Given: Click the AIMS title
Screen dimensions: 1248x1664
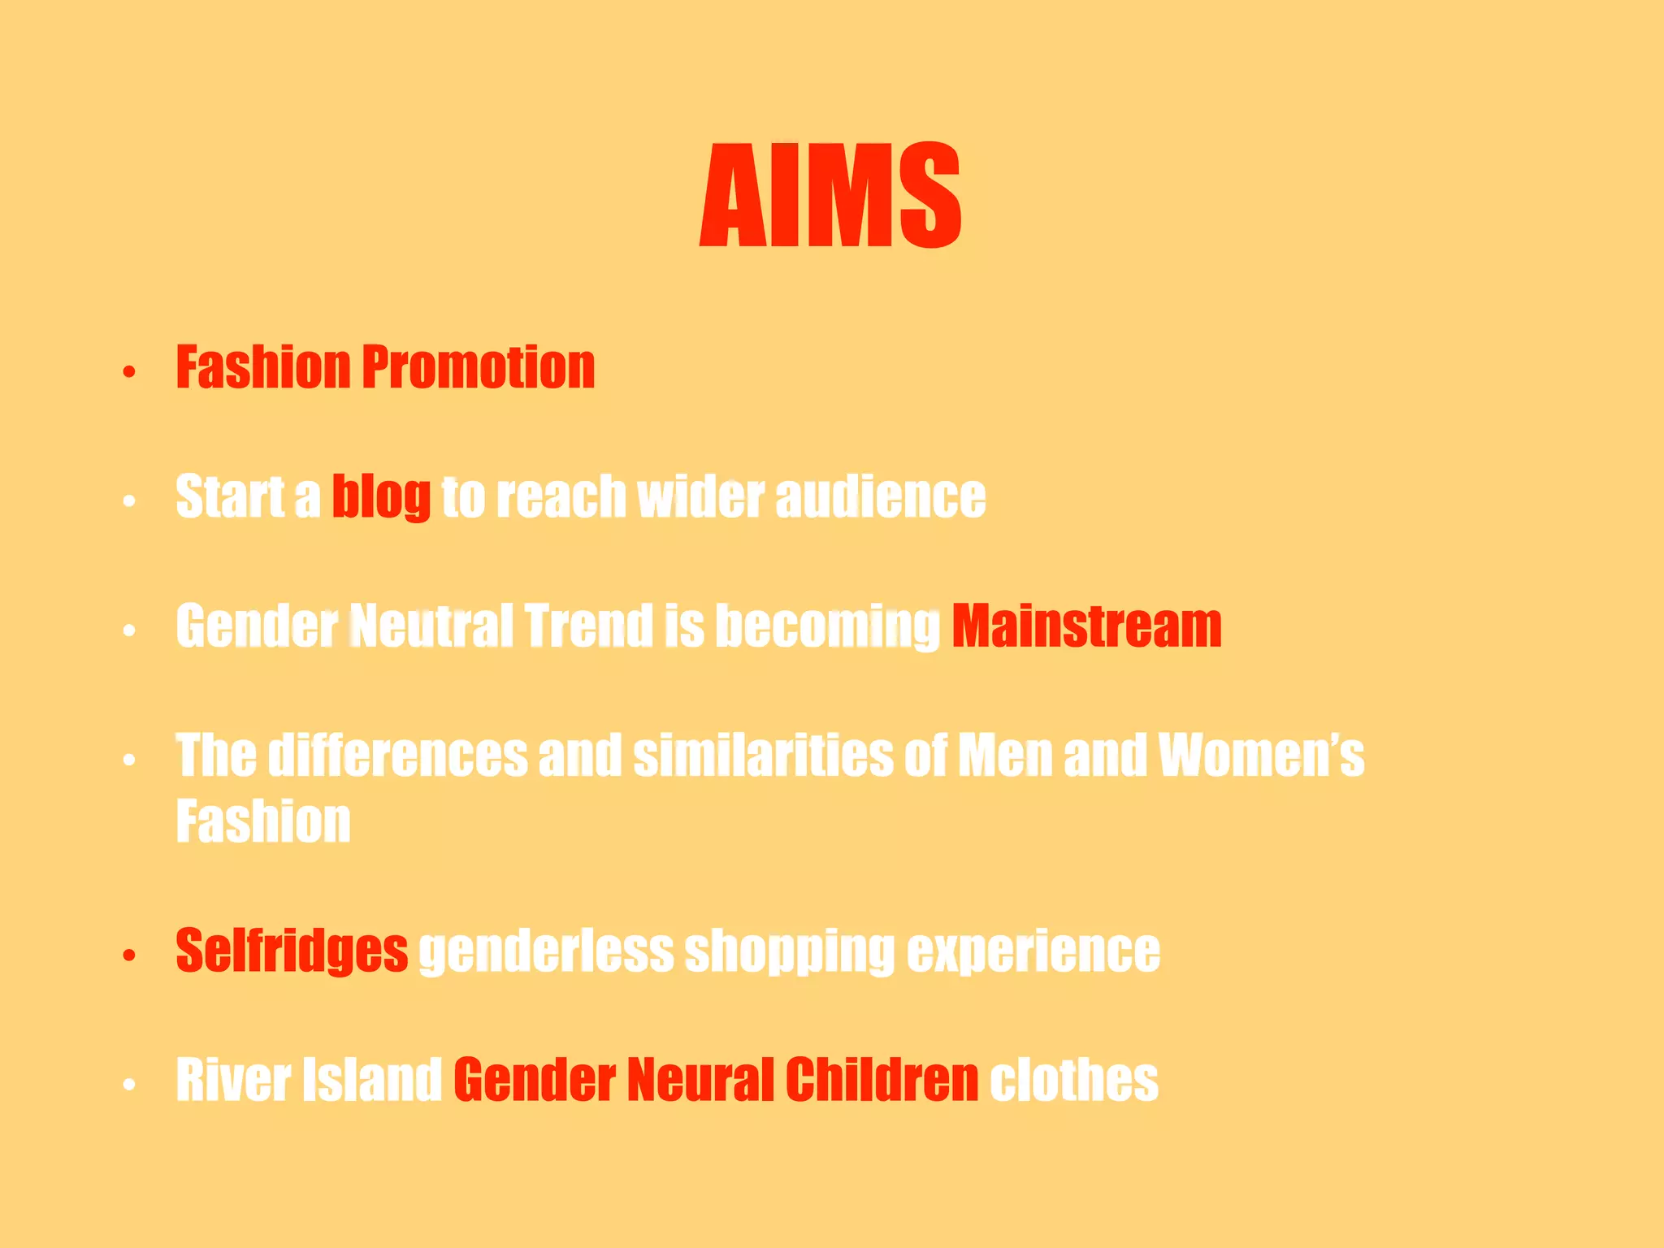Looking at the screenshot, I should pyautogui.click(x=830, y=195).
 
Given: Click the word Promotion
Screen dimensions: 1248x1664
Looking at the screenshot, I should pyautogui.click(x=479, y=367).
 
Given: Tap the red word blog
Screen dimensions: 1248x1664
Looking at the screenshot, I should pyautogui.click(x=381, y=496).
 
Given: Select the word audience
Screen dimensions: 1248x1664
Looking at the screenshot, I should pyautogui.click(x=881, y=496).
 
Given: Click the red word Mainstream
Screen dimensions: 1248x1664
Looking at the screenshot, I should pyautogui.click(x=1086, y=626).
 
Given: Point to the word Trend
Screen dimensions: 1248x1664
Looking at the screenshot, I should pyautogui.click(x=588, y=626).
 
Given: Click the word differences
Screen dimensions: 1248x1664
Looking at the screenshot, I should pyautogui.click(x=398, y=756).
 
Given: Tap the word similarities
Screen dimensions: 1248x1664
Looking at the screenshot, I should pyautogui.click(x=763, y=756).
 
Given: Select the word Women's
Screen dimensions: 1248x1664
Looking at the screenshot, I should pyautogui.click(x=1261, y=756).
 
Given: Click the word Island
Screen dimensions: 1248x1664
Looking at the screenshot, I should pyautogui.click(x=371, y=1080).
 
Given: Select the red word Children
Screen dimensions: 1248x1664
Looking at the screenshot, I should pyautogui.click(x=882, y=1080).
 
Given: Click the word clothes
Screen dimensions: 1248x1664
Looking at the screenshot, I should pyautogui.click(x=1074, y=1080).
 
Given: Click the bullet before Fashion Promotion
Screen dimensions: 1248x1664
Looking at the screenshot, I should pyautogui.click(x=128, y=373).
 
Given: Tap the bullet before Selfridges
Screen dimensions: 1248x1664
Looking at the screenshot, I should pyautogui.click(x=128, y=955).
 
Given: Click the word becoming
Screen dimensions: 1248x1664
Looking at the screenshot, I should pyautogui.click(x=827, y=626).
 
